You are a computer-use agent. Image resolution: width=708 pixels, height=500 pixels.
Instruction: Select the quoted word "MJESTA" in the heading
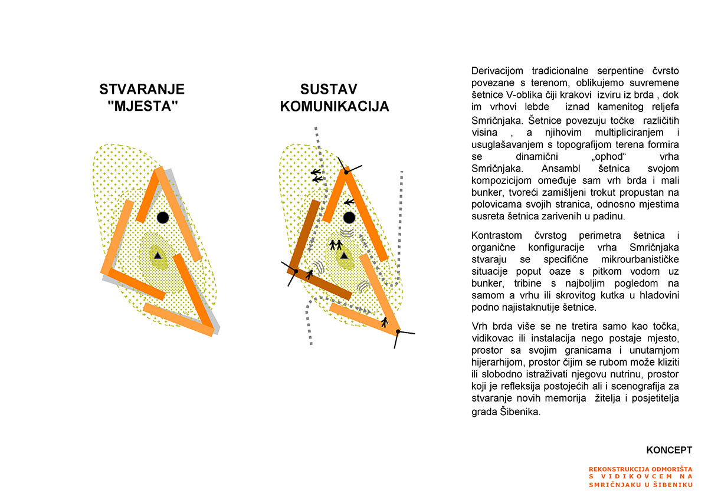(142, 107)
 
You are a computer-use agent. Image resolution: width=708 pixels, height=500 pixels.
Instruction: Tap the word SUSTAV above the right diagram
(329, 90)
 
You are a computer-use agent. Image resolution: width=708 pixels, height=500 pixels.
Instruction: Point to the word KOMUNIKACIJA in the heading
(335, 107)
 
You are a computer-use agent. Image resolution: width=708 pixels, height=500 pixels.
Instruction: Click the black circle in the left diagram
(163, 218)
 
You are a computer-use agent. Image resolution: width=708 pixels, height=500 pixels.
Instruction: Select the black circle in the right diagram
(349, 218)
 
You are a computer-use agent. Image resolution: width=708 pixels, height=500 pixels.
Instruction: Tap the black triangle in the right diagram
(345, 255)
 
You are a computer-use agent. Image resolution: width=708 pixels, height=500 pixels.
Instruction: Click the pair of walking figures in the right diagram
(336, 244)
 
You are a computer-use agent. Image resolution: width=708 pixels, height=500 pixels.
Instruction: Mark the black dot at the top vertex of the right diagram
(347, 171)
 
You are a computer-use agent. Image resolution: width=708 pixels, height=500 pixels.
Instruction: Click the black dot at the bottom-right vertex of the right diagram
(398, 332)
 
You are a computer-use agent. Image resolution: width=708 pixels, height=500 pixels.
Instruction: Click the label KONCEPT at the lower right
(669, 450)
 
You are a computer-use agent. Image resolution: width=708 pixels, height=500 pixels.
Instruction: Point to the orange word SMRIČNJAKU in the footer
(617, 485)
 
